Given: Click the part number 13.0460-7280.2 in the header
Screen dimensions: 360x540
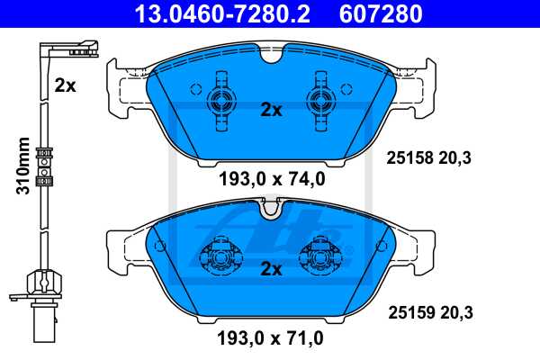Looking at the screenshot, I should pos(212,13).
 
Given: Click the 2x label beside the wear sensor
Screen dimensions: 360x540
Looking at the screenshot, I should pos(64,85).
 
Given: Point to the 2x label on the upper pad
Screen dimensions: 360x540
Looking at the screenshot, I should pos(271,110).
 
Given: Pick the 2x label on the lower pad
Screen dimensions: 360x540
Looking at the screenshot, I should pos(271,268).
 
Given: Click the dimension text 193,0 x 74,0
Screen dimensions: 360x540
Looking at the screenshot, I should pos(271,179).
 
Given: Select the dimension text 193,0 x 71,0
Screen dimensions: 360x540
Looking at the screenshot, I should pos(271,338).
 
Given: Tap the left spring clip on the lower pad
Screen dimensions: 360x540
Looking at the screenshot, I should pos(219,258).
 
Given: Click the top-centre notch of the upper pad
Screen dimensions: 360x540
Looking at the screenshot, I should pos(269,58).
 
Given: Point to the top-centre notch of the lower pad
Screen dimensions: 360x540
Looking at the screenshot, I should pos(270,211).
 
